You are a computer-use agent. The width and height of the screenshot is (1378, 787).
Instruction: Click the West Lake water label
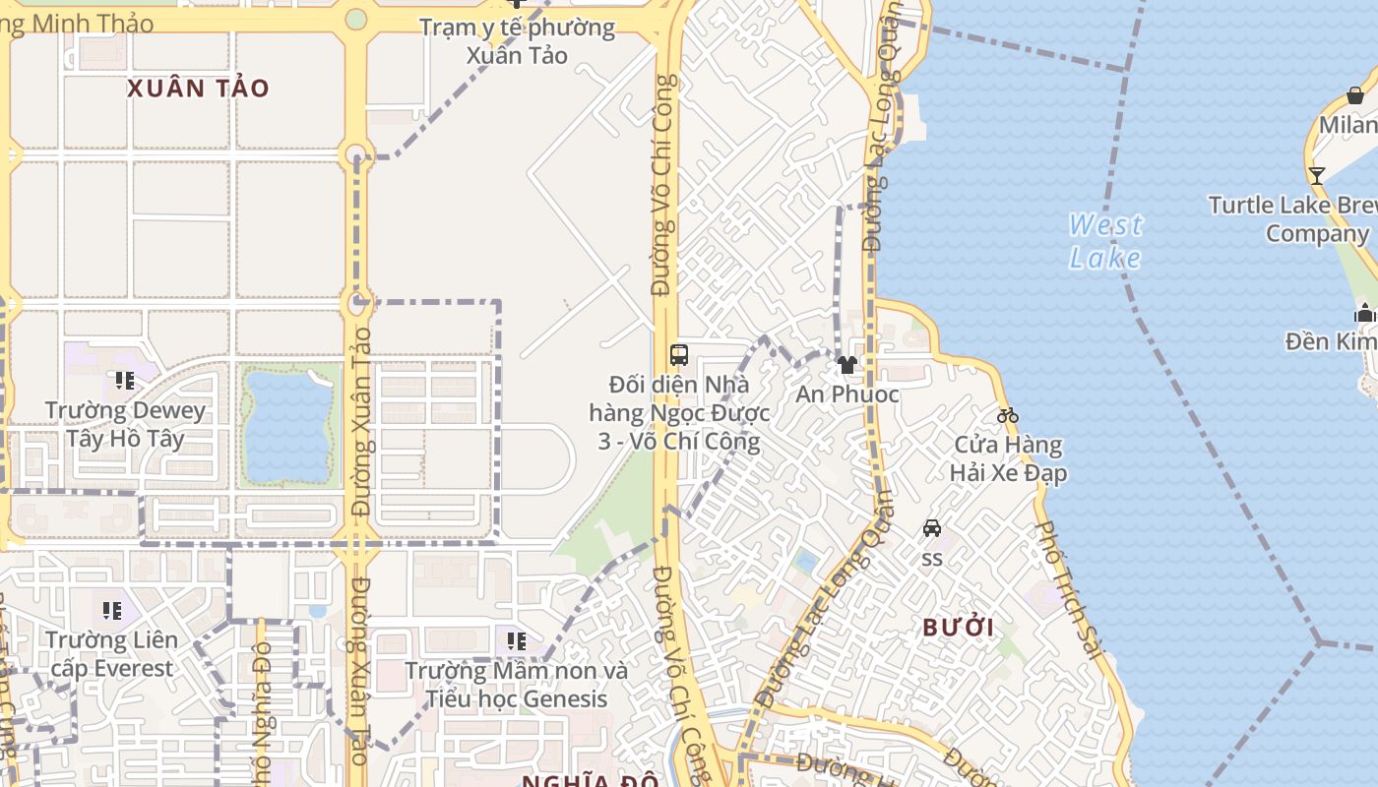coord(1105,241)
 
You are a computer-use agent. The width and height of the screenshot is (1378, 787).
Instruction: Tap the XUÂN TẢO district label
coord(198,89)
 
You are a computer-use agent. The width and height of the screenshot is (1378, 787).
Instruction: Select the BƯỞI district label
coord(958,628)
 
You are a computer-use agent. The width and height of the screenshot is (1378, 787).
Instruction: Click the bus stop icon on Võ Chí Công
coord(679,354)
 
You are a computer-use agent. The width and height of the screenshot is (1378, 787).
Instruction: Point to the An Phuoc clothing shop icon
coord(846,365)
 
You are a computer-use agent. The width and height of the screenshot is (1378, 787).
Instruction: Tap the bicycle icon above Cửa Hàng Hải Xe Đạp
coord(1007,415)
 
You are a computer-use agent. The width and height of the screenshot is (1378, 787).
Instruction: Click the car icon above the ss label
coord(932,528)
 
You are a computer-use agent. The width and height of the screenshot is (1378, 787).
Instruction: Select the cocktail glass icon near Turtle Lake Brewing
coord(1317,176)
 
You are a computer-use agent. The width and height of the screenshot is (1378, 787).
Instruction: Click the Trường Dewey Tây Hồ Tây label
coord(126,424)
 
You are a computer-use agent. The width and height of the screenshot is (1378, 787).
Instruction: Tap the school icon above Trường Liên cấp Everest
coord(112,611)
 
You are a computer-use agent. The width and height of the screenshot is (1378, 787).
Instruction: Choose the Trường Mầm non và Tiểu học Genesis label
coord(517,685)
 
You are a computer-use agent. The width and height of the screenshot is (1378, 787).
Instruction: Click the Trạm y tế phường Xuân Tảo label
coord(517,40)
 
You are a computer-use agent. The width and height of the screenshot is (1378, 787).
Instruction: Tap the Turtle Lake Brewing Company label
coord(1292,219)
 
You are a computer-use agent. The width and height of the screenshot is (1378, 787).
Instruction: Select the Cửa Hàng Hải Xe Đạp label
coord(1008,458)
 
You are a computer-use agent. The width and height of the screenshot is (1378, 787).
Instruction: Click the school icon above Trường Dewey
coord(125,380)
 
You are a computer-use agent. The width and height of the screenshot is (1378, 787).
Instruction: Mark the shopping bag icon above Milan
coord(1355,95)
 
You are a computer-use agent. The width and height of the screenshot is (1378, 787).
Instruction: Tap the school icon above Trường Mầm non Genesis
coord(517,641)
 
